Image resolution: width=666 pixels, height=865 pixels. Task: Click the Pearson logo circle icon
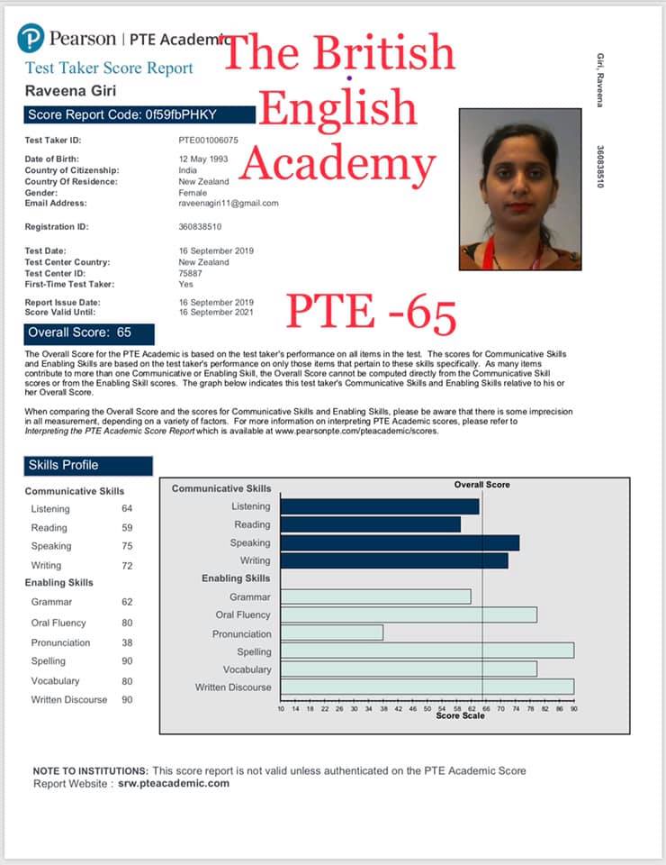pos(31,38)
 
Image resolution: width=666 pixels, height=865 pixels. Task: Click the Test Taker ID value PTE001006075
pos(209,141)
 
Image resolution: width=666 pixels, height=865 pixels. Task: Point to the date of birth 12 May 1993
pos(204,159)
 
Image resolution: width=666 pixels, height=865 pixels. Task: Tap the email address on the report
pos(229,204)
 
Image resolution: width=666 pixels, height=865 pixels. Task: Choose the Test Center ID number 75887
pos(191,273)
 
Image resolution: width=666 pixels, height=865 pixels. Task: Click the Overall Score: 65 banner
pos(89,332)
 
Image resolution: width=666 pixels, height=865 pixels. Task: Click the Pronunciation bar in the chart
pos(331,633)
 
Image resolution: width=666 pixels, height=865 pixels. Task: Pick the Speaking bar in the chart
pos(400,542)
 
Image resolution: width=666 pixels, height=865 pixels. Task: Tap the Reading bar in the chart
pos(370,524)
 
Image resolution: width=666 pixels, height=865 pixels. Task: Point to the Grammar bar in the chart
pos(375,596)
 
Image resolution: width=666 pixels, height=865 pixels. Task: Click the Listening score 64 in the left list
pos(127,509)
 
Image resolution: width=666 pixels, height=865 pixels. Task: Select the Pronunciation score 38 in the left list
pos(127,642)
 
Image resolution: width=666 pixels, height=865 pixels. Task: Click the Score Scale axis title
pos(460,716)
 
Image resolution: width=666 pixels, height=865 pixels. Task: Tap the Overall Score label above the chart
pos(481,485)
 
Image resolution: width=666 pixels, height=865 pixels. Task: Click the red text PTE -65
pos(372,313)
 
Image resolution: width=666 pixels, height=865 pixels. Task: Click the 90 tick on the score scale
pos(573,709)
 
